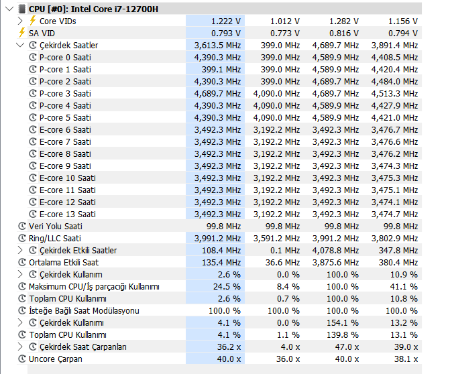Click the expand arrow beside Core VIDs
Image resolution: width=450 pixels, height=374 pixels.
click(20, 21)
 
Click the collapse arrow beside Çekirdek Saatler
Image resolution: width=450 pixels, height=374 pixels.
click(20, 45)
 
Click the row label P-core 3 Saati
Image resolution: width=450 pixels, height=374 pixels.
click(65, 93)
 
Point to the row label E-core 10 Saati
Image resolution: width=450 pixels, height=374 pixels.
click(67, 178)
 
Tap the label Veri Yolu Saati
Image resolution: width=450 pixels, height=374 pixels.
click(56, 226)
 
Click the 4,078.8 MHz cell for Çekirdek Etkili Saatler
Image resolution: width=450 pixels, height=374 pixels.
click(335, 250)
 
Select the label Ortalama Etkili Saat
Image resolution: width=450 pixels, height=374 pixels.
click(64, 262)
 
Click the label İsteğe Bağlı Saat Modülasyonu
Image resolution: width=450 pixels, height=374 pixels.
click(84, 310)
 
